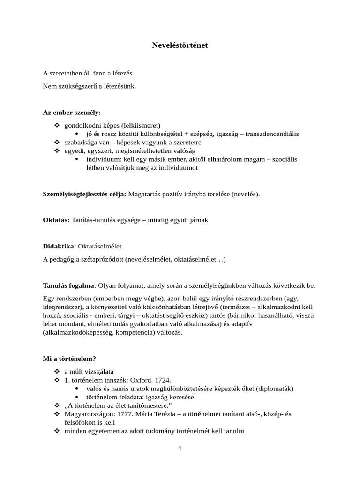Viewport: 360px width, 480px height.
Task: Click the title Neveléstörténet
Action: point(180,45)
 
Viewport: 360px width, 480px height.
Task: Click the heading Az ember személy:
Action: point(72,113)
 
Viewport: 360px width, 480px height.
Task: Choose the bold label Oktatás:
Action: point(56,220)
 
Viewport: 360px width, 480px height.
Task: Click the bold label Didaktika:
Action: point(60,246)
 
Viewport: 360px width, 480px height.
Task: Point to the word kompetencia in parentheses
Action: point(156,332)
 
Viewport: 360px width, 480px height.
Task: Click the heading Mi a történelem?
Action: point(69,359)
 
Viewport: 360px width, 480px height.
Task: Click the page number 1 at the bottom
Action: point(180,448)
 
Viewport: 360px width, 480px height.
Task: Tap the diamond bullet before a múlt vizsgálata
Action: point(57,371)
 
